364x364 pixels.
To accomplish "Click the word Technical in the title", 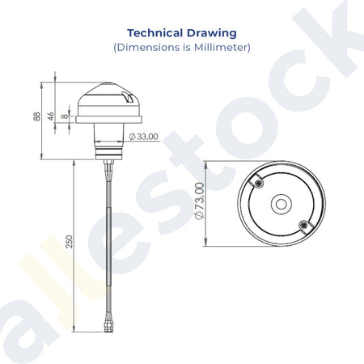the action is (x=155, y=33).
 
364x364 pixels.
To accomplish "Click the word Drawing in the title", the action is (x=212, y=33).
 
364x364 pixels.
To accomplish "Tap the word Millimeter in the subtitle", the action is (x=221, y=47).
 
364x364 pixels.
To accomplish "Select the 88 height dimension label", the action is (x=37, y=116).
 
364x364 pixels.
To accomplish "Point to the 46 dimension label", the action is (x=51, y=116).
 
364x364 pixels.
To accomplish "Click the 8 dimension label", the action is (x=65, y=116).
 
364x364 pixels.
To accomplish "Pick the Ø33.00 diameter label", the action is (x=143, y=137).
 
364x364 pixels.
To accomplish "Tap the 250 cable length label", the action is (x=70, y=242).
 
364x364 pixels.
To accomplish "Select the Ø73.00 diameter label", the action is (x=200, y=201).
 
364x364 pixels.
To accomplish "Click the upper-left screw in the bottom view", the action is (x=259, y=183).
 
